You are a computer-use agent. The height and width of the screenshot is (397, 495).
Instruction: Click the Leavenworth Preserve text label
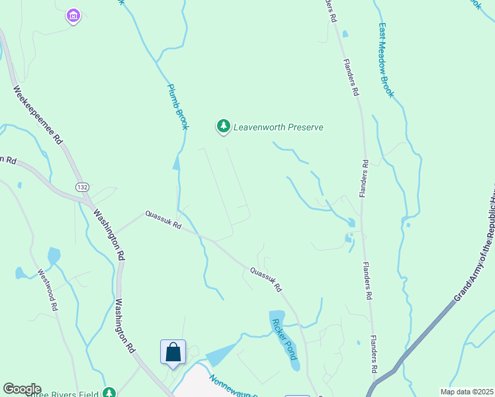tap(278, 127)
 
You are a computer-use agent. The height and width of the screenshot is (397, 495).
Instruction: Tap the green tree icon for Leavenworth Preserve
tap(224, 126)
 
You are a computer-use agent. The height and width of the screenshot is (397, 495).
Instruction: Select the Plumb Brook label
tap(177, 106)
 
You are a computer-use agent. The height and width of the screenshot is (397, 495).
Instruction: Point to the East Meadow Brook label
tap(386, 61)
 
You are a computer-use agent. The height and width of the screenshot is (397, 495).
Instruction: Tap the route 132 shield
tap(82, 188)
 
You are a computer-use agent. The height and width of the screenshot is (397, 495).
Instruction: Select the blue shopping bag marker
tap(173, 351)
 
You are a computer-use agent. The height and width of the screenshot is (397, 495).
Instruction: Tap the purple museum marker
tap(73, 15)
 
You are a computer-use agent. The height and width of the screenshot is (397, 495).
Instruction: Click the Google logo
tap(21, 389)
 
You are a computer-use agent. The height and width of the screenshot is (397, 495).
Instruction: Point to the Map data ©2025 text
tap(467, 392)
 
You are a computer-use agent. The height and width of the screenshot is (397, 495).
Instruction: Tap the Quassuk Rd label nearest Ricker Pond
tap(265, 279)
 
